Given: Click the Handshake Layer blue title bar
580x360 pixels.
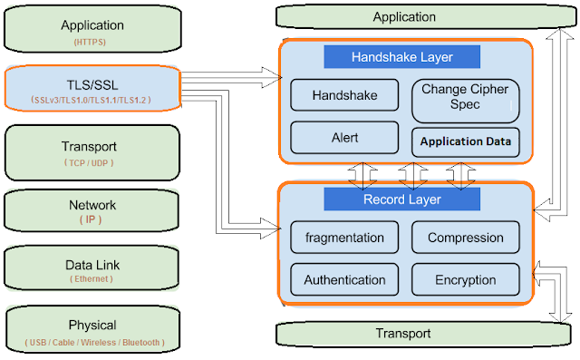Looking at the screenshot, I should [401, 57].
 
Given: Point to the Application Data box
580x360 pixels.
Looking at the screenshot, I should [465, 141].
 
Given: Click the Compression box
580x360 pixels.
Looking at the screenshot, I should [465, 238].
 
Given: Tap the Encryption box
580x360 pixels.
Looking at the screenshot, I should [465, 280].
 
